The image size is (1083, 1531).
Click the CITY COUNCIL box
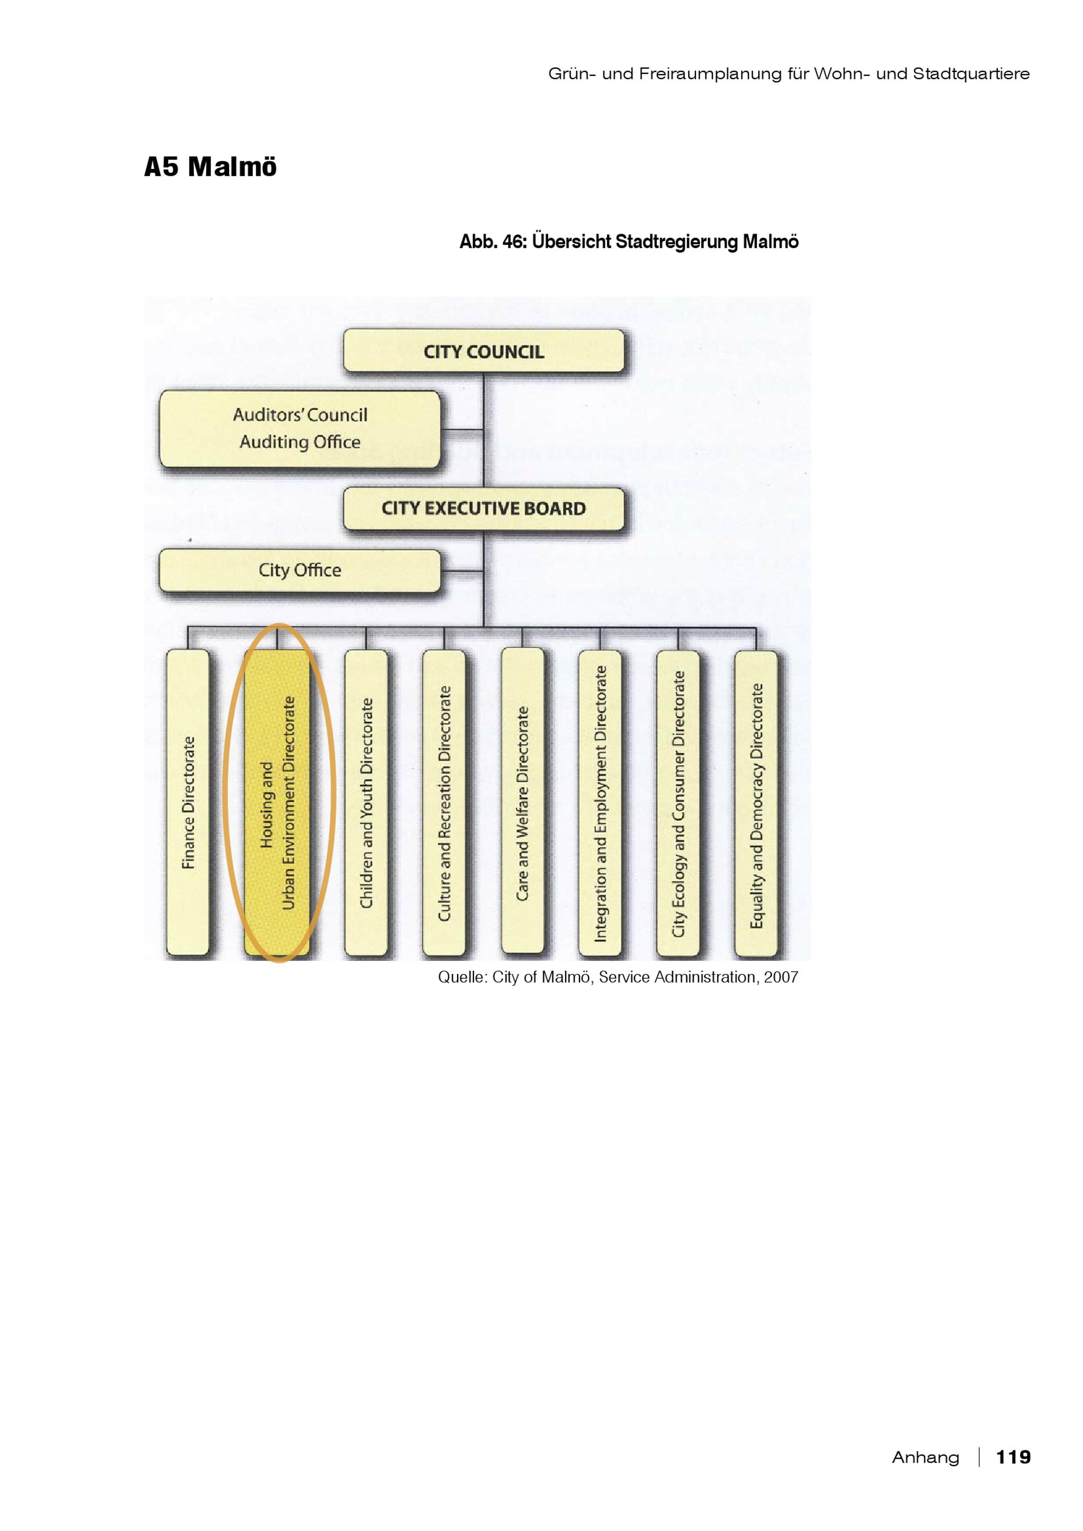click(484, 351)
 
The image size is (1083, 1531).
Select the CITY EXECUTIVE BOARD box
click(484, 508)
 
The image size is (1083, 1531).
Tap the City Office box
click(300, 570)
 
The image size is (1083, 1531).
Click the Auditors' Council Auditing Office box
click(300, 429)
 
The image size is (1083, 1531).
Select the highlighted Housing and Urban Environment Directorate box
click(277, 803)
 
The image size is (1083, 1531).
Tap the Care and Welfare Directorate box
click(522, 801)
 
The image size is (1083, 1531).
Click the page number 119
click(1013, 1456)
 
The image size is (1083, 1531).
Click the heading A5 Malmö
click(210, 167)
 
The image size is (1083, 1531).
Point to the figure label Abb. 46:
click(493, 241)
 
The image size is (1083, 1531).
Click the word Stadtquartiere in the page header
click(971, 73)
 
